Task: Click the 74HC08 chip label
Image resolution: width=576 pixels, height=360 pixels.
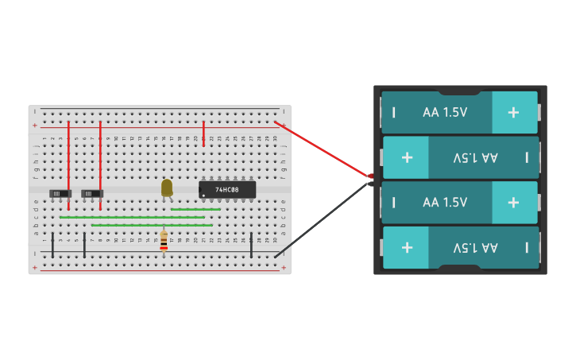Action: click(227, 190)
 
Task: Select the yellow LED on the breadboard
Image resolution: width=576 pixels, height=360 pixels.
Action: click(166, 188)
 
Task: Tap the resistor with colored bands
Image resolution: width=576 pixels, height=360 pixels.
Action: click(164, 240)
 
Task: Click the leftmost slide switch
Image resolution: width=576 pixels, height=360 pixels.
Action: click(60, 193)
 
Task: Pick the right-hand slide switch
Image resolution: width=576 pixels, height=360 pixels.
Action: click(92, 193)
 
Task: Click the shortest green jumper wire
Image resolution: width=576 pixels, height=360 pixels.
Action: click(195, 209)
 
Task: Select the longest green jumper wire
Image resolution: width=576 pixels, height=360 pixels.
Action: click(132, 217)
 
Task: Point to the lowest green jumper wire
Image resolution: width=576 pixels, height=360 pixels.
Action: click(151, 225)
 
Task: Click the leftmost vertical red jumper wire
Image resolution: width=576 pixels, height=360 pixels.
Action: click(68, 163)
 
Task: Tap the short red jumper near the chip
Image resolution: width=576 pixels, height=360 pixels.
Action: click(203, 133)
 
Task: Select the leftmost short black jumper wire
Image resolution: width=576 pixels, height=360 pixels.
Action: click(52, 245)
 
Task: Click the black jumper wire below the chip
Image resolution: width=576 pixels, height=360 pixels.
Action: click(251, 245)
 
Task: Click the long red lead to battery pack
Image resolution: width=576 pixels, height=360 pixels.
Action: click(322, 149)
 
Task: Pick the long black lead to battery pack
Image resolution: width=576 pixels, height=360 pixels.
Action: click(322, 220)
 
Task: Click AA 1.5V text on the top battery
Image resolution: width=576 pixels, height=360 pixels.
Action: click(445, 113)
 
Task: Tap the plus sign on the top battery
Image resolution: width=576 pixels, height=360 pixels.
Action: click(513, 113)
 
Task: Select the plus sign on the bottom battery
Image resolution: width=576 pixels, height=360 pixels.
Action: click(407, 247)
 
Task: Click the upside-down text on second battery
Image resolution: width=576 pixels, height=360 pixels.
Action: click(475, 157)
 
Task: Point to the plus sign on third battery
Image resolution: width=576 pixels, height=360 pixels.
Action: click(513, 203)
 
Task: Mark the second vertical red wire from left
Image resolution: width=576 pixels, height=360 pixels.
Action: click(100, 163)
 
